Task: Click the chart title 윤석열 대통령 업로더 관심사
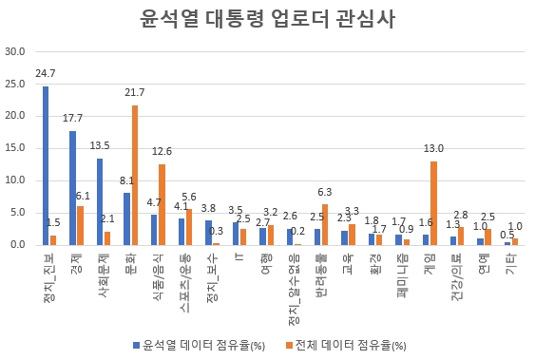click(x=267, y=19)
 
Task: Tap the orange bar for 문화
click(x=135, y=175)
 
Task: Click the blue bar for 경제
click(x=72, y=188)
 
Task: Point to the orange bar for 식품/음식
click(x=162, y=204)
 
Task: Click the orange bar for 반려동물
click(x=325, y=224)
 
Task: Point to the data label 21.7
click(x=134, y=92)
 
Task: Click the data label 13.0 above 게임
click(x=433, y=149)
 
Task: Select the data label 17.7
click(x=71, y=119)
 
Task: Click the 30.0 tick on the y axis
click(x=15, y=51)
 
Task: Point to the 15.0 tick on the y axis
click(x=15, y=148)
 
